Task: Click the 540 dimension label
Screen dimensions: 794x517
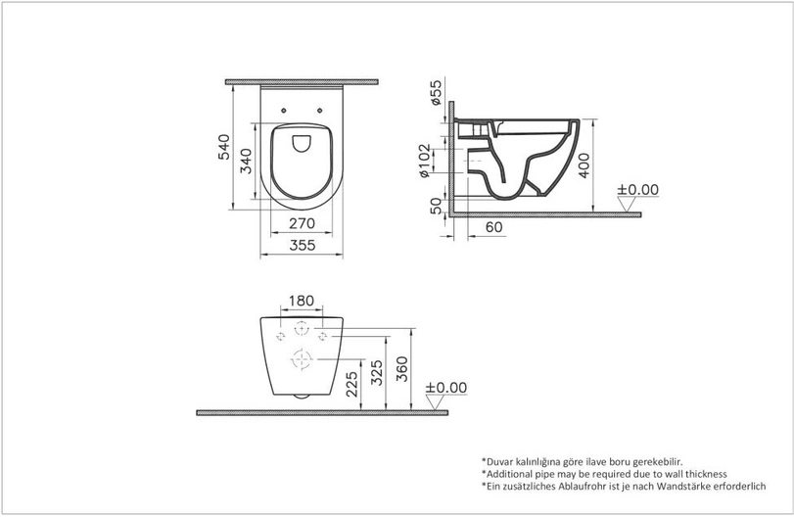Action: [x=224, y=147]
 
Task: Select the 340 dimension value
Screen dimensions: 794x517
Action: [x=246, y=161]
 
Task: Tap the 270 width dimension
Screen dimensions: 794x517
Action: [x=302, y=223]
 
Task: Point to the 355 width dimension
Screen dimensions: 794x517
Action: [x=303, y=245]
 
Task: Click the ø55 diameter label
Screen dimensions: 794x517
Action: [x=436, y=92]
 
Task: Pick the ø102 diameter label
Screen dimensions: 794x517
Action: [x=424, y=161]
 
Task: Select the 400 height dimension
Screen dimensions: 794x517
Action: [x=584, y=165]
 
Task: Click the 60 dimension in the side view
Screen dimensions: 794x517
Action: [x=494, y=227]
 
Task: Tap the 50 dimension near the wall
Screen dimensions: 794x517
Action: [x=436, y=206]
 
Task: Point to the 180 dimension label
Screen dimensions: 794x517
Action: [x=302, y=301]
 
